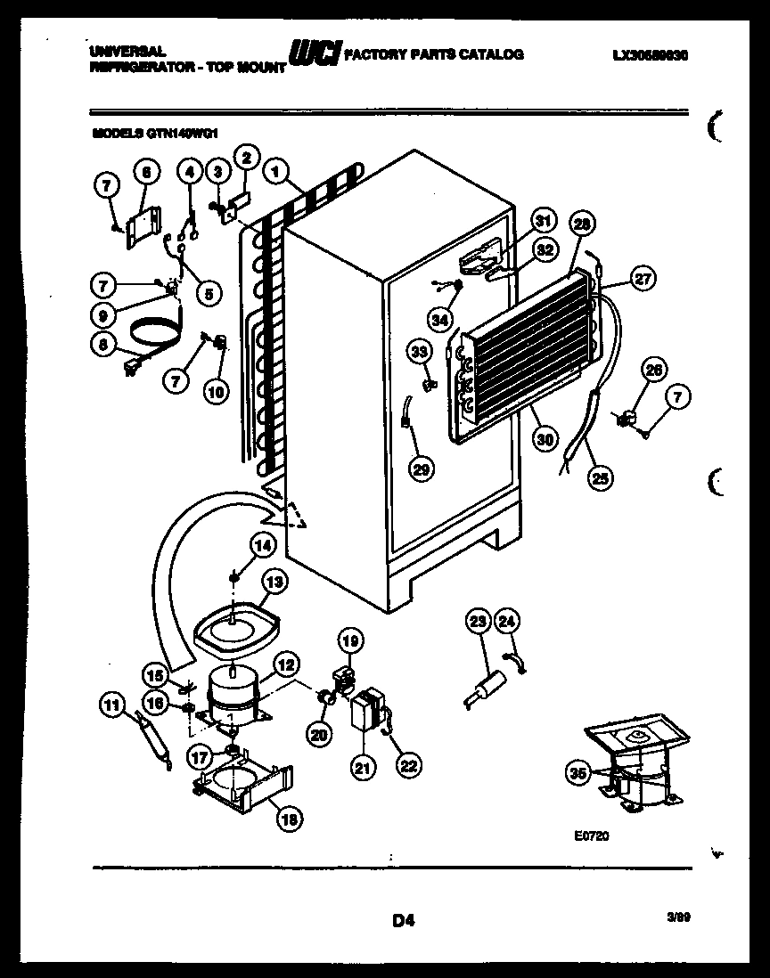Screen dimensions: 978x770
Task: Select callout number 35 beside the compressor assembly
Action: click(578, 773)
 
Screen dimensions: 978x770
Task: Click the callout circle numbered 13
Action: click(275, 582)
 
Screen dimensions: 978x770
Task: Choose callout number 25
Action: click(601, 478)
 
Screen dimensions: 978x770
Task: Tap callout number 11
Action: click(111, 707)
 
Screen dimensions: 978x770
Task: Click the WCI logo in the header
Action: click(314, 55)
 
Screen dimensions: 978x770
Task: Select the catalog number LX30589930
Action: click(651, 54)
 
